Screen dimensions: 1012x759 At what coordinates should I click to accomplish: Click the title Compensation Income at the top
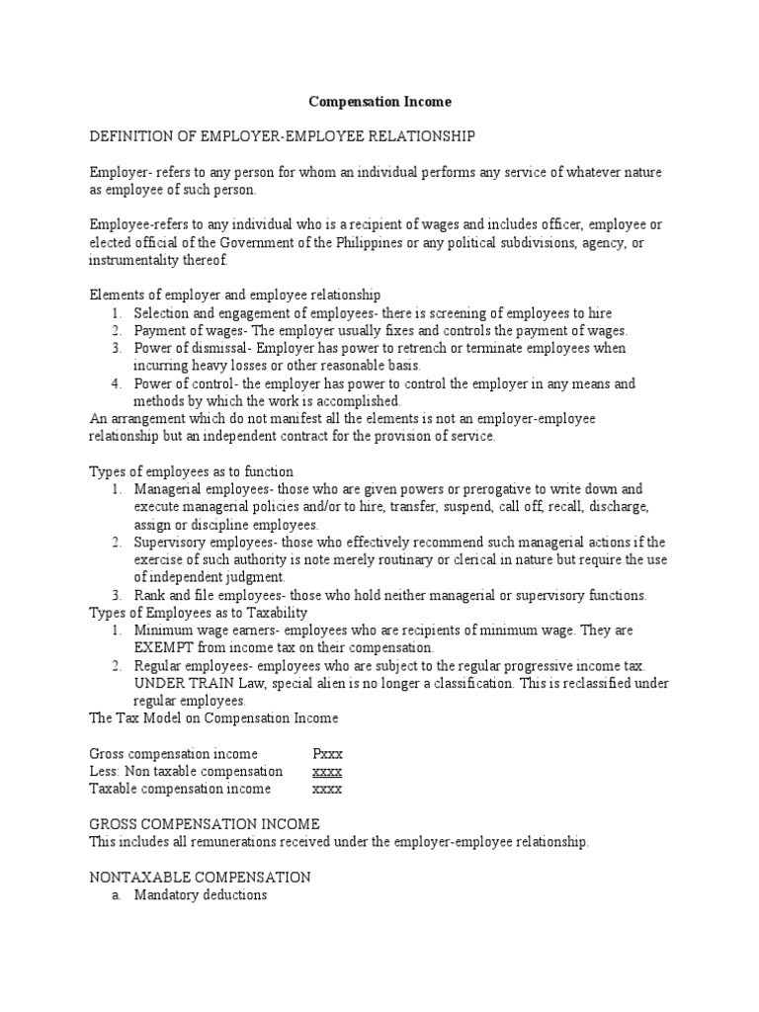(x=380, y=101)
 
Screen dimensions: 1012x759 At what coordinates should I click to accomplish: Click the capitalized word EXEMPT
(x=167, y=648)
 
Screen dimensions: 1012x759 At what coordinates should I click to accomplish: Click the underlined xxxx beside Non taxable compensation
(x=327, y=772)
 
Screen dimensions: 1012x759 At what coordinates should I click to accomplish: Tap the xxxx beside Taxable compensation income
(x=327, y=789)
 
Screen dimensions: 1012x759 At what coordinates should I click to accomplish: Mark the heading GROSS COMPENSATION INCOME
(x=205, y=824)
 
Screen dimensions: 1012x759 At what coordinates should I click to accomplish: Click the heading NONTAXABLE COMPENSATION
(x=201, y=877)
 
